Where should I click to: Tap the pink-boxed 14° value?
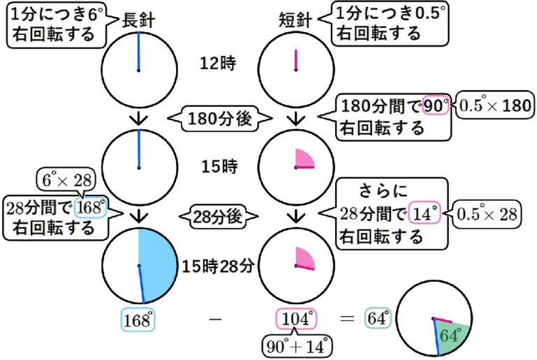pos(425,214)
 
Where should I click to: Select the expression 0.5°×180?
pos(494,106)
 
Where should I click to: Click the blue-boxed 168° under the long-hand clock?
pos(137,320)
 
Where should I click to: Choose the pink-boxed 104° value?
pos(296,320)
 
